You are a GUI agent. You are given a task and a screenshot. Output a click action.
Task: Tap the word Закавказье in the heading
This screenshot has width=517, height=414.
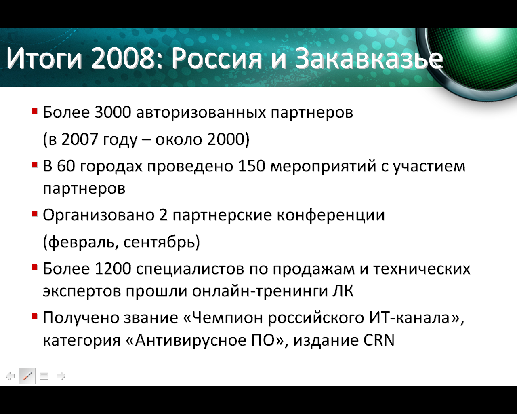click(369, 58)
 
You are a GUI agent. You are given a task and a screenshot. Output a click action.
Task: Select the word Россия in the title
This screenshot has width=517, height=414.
click(216, 59)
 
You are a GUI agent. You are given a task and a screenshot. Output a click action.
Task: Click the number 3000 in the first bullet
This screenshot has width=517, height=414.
click(113, 112)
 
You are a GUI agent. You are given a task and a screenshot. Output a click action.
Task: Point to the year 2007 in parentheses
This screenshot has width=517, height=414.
click(80, 139)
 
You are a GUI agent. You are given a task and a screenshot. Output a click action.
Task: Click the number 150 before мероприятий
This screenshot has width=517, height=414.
click(251, 166)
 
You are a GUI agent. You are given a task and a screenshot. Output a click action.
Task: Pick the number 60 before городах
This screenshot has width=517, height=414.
click(66, 166)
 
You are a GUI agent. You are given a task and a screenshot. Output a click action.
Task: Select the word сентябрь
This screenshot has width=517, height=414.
click(159, 242)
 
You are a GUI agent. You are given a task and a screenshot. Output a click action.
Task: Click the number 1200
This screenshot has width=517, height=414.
click(113, 268)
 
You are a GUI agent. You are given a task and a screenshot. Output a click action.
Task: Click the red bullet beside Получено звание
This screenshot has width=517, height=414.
click(35, 316)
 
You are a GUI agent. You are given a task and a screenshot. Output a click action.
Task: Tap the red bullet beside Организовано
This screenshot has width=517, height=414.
click(35, 213)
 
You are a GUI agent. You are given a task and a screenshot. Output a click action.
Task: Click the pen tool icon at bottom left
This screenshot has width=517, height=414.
click(27, 376)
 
